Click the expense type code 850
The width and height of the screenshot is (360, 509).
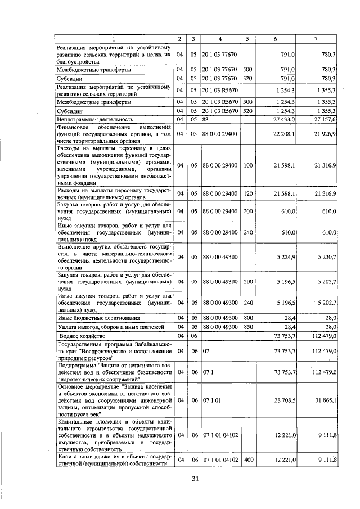click(248, 326)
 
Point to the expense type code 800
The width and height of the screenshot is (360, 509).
click(248, 318)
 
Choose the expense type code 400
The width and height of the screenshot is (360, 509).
click(248, 460)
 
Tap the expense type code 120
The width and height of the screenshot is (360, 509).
click(248, 194)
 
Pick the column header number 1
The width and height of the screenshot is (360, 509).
click(113, 39)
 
